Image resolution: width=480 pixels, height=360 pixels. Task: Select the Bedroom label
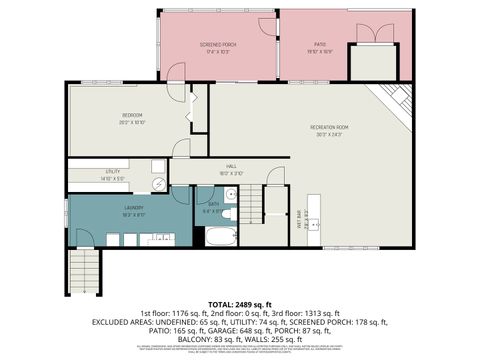tap(132, 118)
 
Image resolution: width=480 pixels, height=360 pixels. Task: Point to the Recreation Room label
tap(328, 129)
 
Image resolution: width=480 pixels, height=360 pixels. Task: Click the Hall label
tap(230, 169)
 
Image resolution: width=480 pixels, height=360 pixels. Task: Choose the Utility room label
tap(112, 174)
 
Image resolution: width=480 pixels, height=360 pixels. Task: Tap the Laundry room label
tap(133, 211)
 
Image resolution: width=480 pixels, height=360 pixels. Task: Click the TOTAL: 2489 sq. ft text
tap(239, 303)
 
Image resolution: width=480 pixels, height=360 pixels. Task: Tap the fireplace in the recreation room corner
tap(395, 98)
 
